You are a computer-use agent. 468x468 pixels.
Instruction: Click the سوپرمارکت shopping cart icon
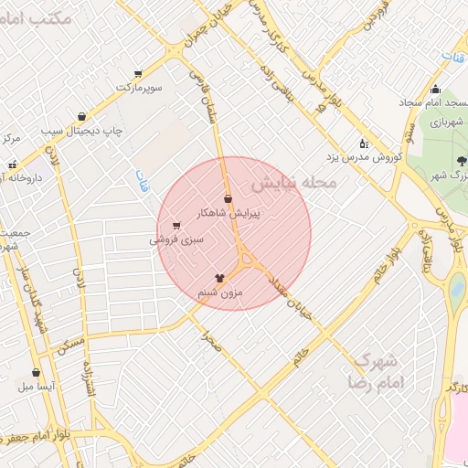[x=138, y=74]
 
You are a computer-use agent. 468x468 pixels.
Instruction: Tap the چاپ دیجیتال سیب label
[x=83, y=132]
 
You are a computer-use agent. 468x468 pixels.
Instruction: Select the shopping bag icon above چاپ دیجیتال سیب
[x=83, y=117]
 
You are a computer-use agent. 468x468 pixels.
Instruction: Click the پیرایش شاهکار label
[x=229, y=213]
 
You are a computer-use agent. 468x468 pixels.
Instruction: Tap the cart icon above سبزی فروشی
[x=175, y=225]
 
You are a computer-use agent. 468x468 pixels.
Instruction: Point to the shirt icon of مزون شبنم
[x=219, y=277]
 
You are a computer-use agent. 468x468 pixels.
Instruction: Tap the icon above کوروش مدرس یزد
[x=364, y=144]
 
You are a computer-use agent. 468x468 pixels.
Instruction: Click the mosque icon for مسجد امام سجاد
[x=435, y=90]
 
